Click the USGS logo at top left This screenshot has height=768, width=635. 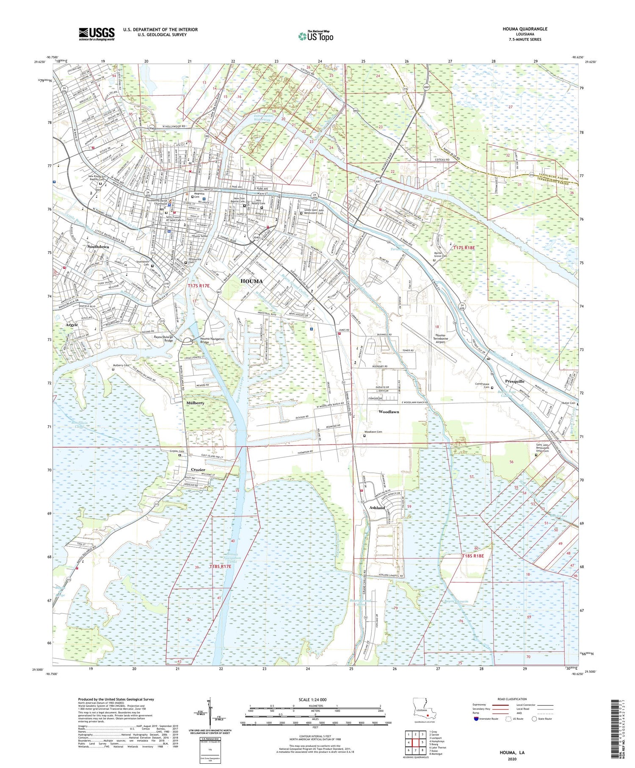(x=97, y=34)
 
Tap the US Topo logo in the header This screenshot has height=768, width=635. (x=315, y=36)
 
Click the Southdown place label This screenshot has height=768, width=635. (x=98, y=247)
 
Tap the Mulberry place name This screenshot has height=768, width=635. (x=195, y=403)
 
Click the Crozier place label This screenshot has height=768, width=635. (x=198, y=470)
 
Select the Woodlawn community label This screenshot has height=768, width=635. (x=388, y=412)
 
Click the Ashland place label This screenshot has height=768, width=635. (x=377, y=507)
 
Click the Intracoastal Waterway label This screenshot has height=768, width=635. (x=265, y=118)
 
